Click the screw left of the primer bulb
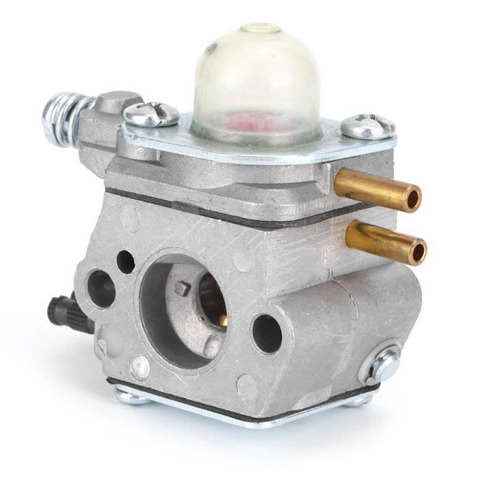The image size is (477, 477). [x=151, y=114]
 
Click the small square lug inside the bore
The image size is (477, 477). [x=182, y=288]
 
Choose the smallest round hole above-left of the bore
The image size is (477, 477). [x=125, y=260]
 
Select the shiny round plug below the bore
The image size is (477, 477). [x=140, y=367]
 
